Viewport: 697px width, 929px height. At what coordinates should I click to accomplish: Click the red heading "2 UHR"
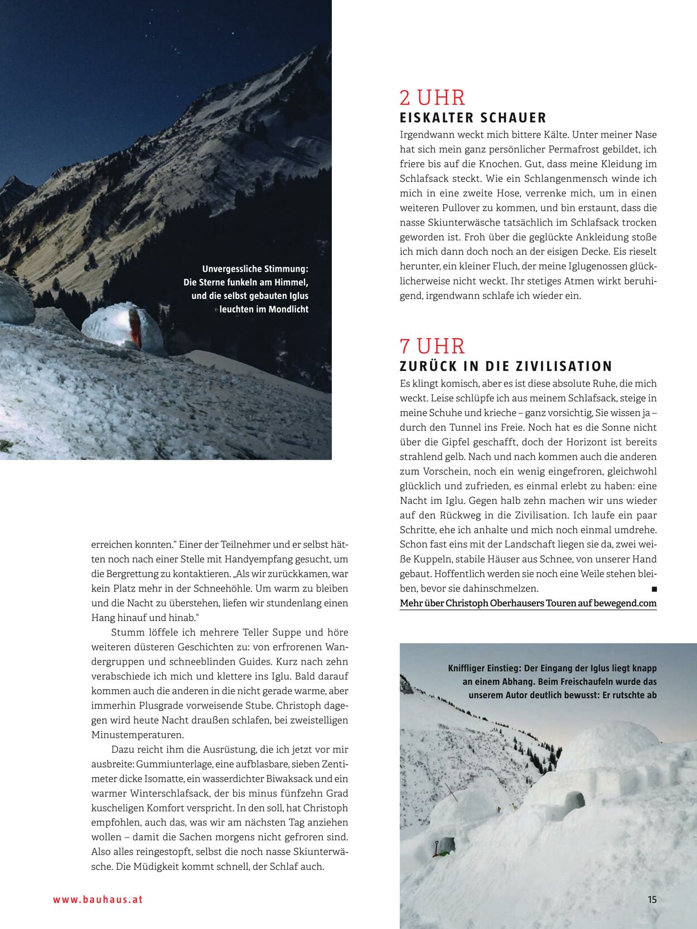tap(432, 98)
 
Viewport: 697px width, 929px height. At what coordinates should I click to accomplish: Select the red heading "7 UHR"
tap(432, 346)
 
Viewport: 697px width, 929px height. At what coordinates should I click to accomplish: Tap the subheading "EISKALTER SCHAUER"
tap(473, 118)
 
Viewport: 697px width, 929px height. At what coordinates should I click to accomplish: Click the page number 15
tap(652, 899)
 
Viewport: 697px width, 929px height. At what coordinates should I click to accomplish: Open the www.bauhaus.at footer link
tap(98, 899)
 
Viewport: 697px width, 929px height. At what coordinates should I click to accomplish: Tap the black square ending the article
tap(654, 589)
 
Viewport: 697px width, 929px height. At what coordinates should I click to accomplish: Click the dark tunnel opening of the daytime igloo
tap(574, 801)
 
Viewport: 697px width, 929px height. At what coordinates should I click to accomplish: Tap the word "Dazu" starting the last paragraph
tap(123, 750)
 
